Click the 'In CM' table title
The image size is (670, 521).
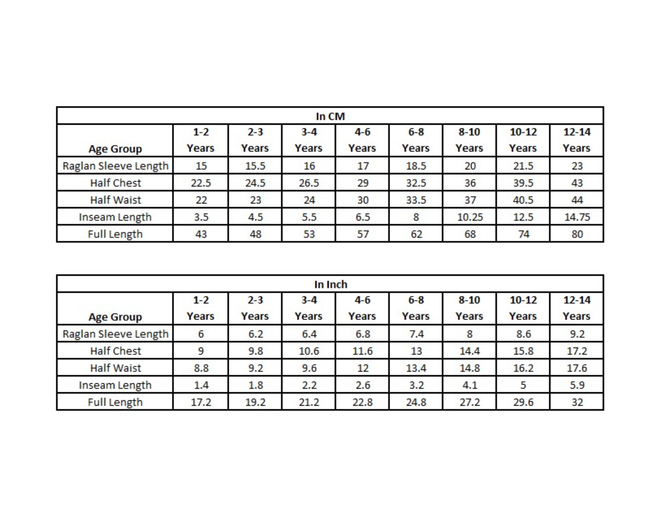330,116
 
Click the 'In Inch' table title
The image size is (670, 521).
331,284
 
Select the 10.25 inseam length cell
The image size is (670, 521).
470,217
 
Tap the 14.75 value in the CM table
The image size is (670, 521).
577,217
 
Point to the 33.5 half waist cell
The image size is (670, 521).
416,200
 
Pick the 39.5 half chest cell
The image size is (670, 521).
523,183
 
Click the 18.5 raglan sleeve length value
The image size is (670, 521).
416,166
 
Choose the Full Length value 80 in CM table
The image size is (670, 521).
577,234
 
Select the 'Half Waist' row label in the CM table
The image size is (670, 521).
115,200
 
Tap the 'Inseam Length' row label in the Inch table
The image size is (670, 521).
115,385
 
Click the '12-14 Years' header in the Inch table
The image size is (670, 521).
577,308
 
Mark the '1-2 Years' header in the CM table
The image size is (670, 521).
201,140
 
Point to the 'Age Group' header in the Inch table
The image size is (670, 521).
115,317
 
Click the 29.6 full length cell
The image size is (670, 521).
523,402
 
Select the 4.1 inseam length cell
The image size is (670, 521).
470,385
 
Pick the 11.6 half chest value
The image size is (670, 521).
363,351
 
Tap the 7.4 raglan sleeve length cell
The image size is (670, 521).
416,334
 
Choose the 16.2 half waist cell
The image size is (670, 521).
523,368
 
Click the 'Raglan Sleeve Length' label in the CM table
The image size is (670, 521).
115,166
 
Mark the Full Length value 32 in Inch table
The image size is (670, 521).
577,402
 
